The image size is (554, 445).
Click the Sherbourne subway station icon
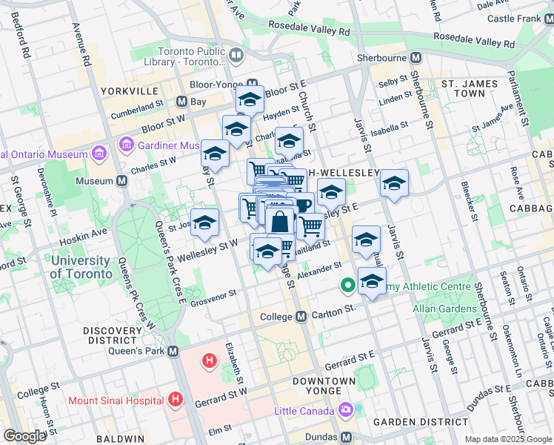[x=415, y=57]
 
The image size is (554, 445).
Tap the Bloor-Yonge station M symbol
[x=253, y=84]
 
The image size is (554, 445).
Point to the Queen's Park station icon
[x=173, y=351]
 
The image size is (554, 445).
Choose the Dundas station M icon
[x=346, y=437]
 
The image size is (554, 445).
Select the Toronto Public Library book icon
[x=236, y=54]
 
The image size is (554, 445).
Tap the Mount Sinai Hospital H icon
[x=176, y=400]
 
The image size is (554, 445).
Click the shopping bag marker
[x=280, y=222]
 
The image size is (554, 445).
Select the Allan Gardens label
[x=445, y=309]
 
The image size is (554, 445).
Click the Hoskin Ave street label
[x=89, y=234]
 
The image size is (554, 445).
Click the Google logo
[x=24, y=436]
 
